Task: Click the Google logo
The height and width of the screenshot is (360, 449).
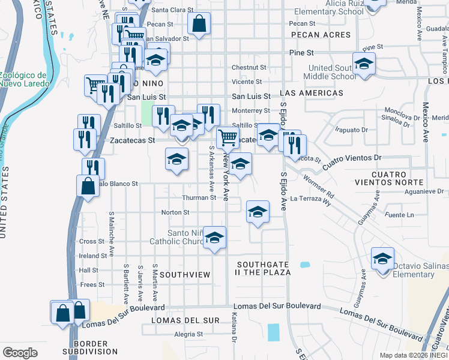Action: pyautogui.click(x=20, y=353)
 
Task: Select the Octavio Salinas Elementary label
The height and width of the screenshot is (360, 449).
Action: pyautogui.click(x=421, y=269)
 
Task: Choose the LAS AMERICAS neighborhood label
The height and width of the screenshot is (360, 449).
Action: pyautogui.click(x=312, y=93)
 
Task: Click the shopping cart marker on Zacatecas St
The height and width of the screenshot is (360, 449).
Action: pyautogui.click(x=228, y=138)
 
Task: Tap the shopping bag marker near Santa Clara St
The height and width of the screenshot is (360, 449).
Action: pyautogui.click(x=199, y=24)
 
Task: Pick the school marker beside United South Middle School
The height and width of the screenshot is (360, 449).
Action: pyautogui.click(x=364, y=64)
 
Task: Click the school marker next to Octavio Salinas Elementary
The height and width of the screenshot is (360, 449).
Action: pyautogui.click(x=382, y=259)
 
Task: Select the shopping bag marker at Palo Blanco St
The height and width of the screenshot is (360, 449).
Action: pyautogui.click(x=88, y=185)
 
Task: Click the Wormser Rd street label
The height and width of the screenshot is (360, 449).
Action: pyautogui.click(x=318, y=187)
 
